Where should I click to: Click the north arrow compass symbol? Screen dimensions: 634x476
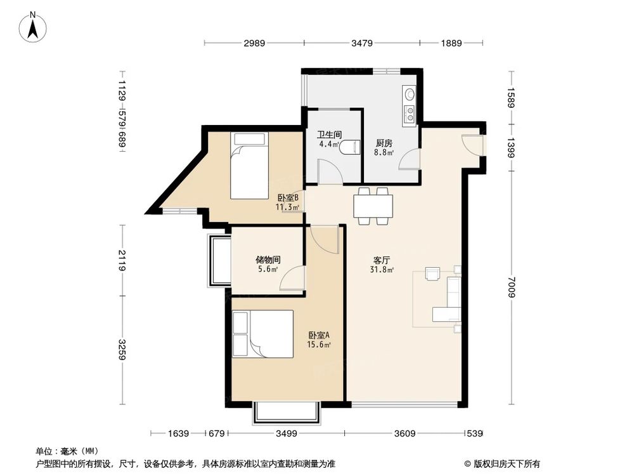point(33,27)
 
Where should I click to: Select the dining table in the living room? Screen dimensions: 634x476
point(373,206)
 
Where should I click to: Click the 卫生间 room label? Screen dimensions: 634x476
point(329,135)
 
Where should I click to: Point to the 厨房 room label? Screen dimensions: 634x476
point(384,143)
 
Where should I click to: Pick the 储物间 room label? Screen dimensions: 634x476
point(268,260)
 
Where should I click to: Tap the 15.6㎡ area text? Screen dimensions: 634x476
point(319,345)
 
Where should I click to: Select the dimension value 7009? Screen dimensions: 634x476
point(512,287)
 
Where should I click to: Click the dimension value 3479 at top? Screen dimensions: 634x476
point(361,43)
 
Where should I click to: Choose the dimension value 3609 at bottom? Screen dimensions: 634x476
point(404,433)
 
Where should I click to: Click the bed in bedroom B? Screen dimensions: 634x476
point(249,165)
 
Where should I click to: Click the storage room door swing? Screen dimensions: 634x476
point(292,278)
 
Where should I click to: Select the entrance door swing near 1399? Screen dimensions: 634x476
point(472,143)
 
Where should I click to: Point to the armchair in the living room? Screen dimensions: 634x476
point(433,274)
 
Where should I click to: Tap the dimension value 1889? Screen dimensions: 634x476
point(451,43)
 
